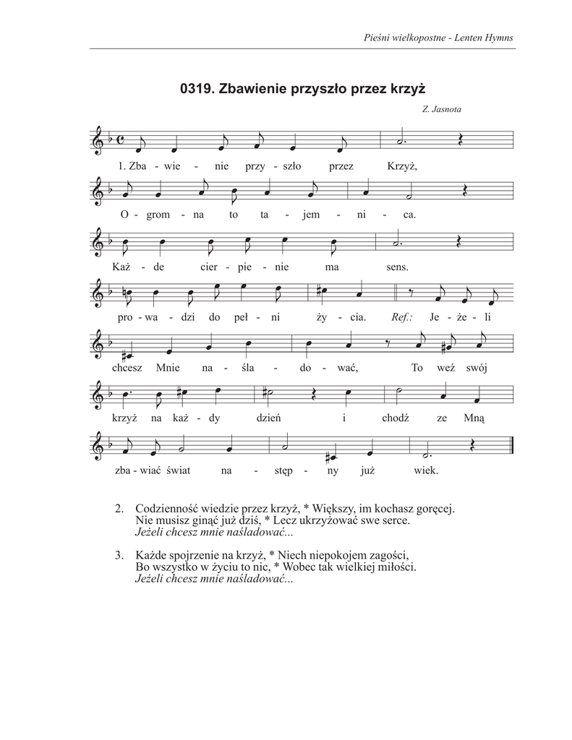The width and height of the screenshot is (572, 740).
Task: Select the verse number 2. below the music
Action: [x=119, y=509]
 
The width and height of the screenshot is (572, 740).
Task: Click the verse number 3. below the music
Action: [x=119, y=556]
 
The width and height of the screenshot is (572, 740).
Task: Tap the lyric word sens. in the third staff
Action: [x=398, y=267]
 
